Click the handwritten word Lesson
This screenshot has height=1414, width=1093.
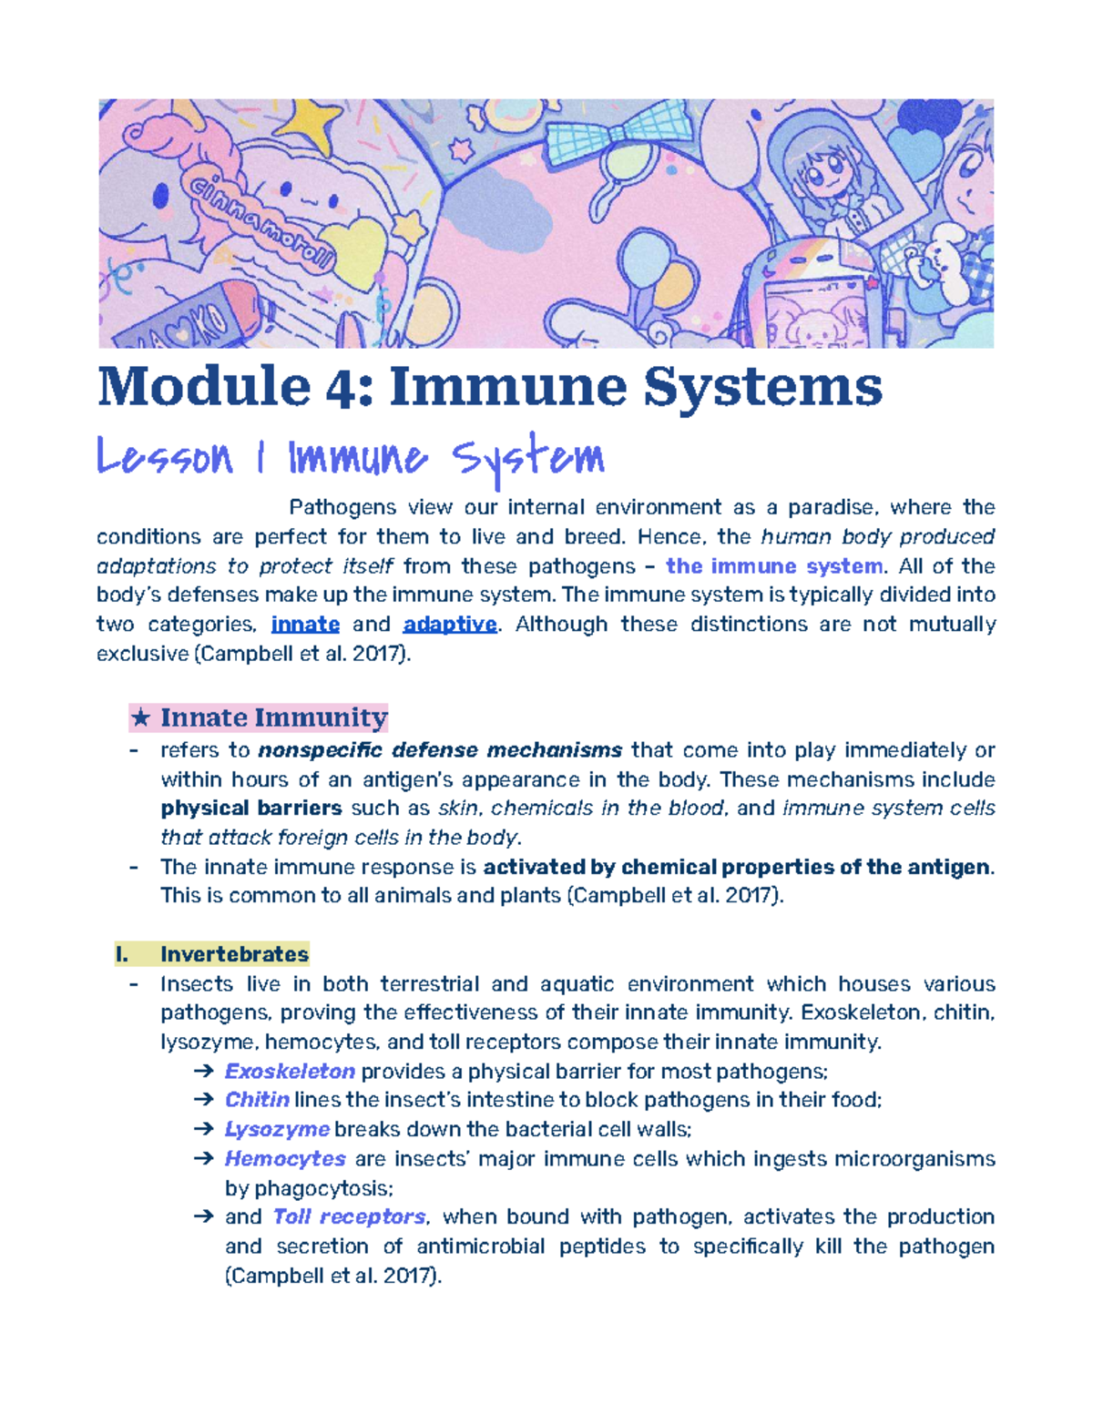pos(165,457)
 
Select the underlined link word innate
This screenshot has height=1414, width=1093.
pos(305,625)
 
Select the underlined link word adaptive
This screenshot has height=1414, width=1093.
pos(450,625)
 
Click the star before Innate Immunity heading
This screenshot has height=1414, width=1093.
pos(140,718)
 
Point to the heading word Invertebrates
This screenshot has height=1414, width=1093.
pos(234,954)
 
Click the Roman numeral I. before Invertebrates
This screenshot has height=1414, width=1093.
pos(122,954)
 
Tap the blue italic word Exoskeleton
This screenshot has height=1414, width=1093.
pos(290,1071)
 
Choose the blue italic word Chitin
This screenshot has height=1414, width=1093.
pos(257,1100)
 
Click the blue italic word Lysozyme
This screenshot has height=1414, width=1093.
pos(277,1129)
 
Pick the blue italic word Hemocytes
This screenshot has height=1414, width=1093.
pos(285,1158)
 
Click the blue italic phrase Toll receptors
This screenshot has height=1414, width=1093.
pos(349,1216)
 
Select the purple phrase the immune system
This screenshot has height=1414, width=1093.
pos(774,566)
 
